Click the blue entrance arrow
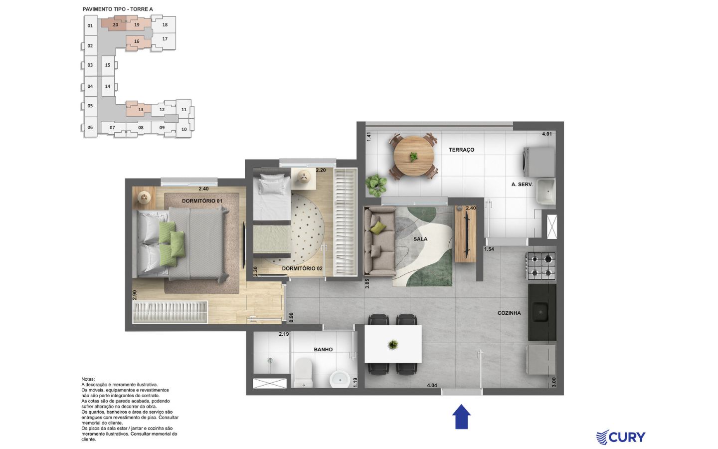[461, 417]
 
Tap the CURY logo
[621, 437]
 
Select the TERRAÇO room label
[461, 150]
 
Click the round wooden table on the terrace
[413, 156]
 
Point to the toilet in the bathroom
[303, 373]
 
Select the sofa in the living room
[379, 241]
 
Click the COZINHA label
[509, 313]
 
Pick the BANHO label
[323, 350]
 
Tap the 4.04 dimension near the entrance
[432, 385]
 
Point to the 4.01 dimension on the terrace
[547, 134]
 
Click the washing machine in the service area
[539, 162]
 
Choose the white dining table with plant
[393, 344]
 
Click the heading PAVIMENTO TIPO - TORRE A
[118, 9]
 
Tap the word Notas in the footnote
[88, 379]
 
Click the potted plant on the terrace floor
[376, 185]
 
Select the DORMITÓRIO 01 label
[202, 201]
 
